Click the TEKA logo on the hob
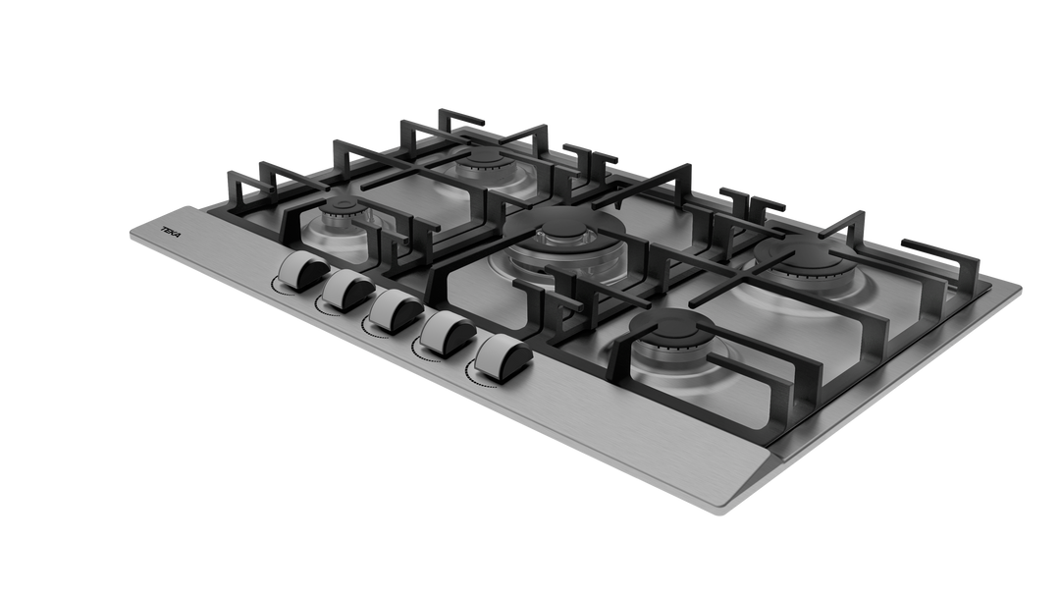pyautogui.click(x=172, y=232)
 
